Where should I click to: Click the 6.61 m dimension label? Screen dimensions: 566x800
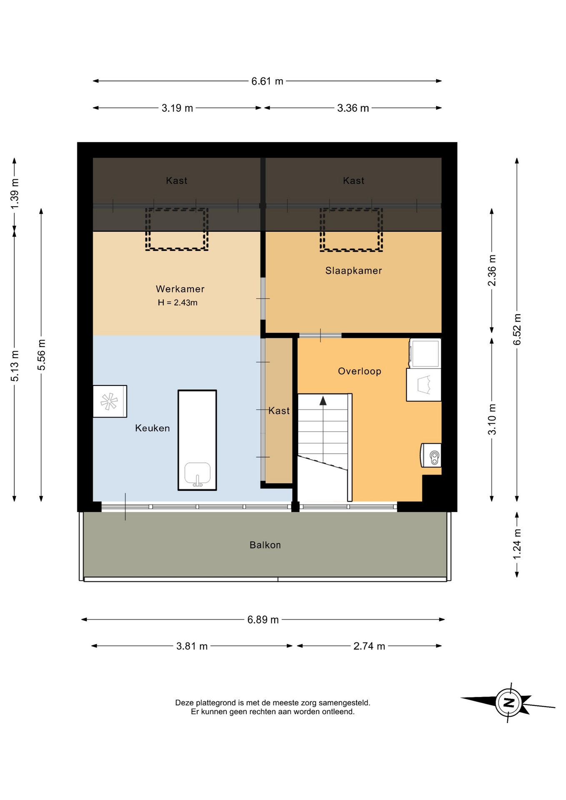267,81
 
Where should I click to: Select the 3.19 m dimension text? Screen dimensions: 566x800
177,108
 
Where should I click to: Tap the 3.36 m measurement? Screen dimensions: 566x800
353,108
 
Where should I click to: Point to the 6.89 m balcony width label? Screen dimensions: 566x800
263,620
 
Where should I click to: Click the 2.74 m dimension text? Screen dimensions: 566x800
369,646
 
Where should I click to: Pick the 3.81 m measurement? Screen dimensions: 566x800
192,646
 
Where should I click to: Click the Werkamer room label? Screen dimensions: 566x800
180,289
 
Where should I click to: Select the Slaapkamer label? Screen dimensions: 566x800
353,270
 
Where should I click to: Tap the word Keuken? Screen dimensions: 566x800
153,428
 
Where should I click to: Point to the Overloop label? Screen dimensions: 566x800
360,371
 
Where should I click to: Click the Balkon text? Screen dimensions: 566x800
265,545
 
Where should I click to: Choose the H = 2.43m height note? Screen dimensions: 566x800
178,302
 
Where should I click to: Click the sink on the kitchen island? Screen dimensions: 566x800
198,474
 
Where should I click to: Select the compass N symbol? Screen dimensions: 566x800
508,703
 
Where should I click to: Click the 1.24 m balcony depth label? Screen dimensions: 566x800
517,545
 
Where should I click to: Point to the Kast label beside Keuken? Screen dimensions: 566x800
279,411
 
